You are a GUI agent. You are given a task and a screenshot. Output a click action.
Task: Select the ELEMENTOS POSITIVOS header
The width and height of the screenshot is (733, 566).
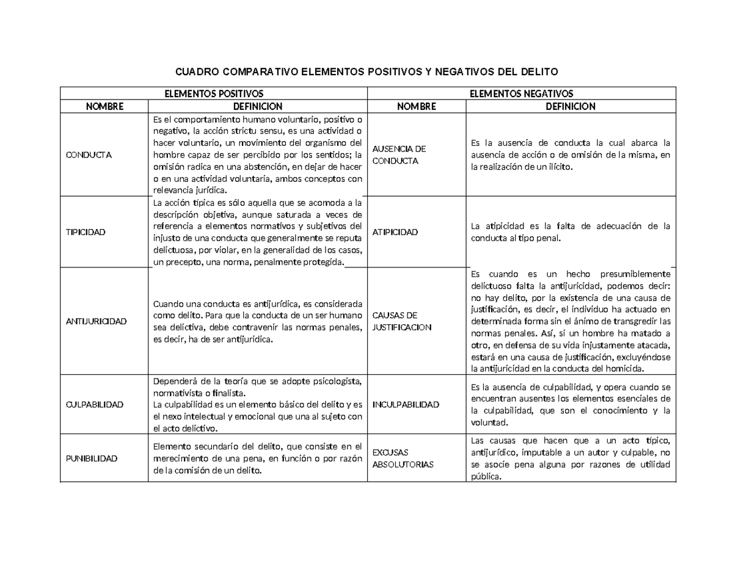tap(214, 93)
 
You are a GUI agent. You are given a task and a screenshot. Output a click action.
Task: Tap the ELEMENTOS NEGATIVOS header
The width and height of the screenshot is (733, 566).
tap(522, 93)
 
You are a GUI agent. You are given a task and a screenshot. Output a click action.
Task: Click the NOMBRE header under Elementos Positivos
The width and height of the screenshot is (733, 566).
tap(104, 106)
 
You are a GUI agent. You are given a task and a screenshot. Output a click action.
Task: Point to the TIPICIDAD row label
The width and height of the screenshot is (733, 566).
tap(87, 232)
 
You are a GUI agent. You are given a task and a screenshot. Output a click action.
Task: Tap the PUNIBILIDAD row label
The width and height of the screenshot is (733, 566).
tap(92, 458)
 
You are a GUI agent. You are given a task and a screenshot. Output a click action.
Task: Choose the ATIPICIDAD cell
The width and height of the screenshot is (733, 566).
tap(395, 232)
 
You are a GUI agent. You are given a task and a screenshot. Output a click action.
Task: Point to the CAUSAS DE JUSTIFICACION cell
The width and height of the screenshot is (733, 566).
tap(401, 321)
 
